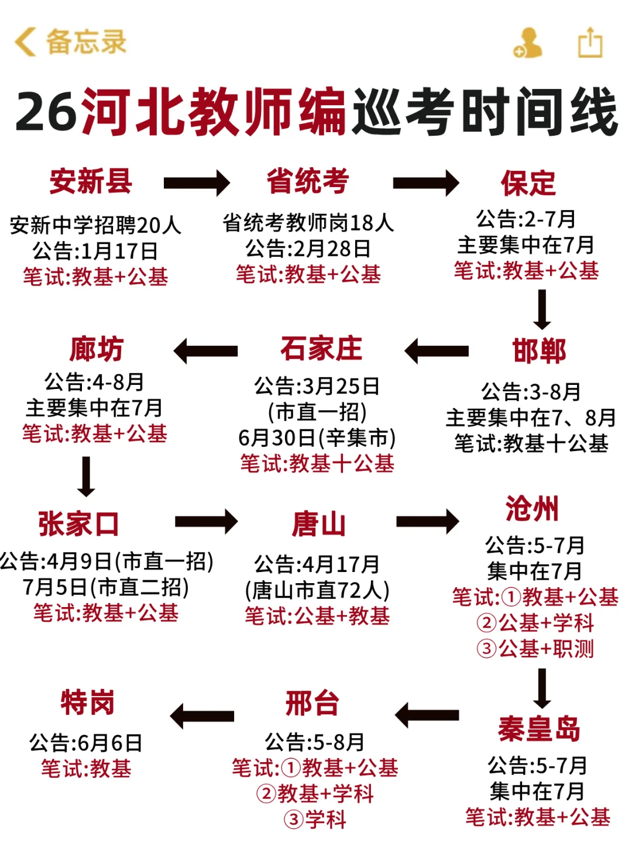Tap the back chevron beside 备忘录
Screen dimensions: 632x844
tap(25, 42)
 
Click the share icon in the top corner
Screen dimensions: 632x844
tap(590, 43)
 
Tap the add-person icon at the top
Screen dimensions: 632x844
tap(527, 43)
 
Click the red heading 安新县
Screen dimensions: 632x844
tap(91, 181)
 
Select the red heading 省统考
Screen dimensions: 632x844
tap(308, 181)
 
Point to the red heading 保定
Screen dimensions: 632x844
tap(528, 183)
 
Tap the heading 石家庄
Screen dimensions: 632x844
tap(321, 349)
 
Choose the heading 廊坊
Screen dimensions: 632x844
tap(96, 349)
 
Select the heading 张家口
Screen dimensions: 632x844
tap(78, 523)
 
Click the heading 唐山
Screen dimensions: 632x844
tap(319, 523)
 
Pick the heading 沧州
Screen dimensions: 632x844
tap(532, 508)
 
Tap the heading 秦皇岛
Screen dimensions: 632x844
tap(539, 729)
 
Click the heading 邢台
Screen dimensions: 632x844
tap(312, 703)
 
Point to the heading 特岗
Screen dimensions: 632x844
tap(87, 702)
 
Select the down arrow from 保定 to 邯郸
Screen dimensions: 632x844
tap(542, 309)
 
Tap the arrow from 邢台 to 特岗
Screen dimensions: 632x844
tap(202, 716)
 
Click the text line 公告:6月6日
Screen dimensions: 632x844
tap(86, 743)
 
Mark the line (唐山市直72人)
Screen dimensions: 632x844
tap(317, 590)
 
